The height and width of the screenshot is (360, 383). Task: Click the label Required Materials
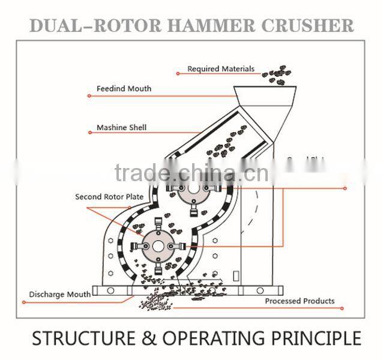pyautogui.click(x=220, y=69)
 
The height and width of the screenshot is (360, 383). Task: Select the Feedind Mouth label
pyautogui.click(x=124, y=89)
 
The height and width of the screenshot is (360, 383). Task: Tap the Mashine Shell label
pyautogui.click(x=121, y=128)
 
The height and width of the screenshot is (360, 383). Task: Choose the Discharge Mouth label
pyautogui.click(x=60, y=295)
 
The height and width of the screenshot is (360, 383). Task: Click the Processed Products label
pyautogui.click(x=300, y=301)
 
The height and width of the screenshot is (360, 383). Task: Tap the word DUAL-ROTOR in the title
pyautogui.click(x=94, y=26)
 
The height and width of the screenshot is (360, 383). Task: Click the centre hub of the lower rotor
pyautogui.click(x=158, y=245)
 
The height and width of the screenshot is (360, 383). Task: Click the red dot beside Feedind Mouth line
pyautogui.click(x=89, y=96)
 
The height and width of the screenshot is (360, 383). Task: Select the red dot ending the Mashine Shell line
pyautogui.click(x=89, y=133)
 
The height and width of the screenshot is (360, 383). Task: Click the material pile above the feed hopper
pyautogui.click(x=277, y=74)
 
